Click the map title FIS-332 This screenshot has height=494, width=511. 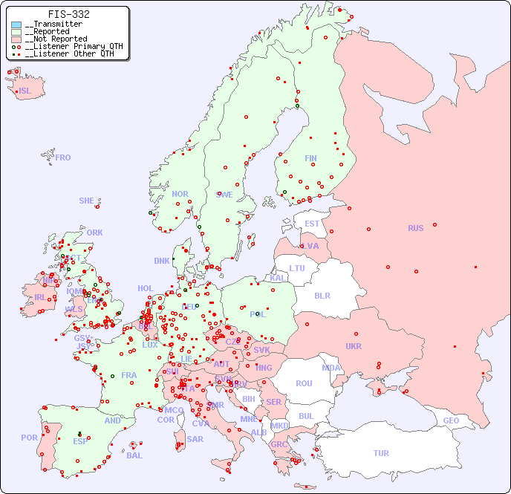(x=69, y=14)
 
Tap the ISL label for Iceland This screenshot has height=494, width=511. (x=25, y=91)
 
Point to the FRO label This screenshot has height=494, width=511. (x=63, y=157)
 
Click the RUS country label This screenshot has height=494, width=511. (x=415, y=228)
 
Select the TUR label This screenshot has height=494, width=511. (x=381, y=453)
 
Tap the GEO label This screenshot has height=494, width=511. (x=451, y=420)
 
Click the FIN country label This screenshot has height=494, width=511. (x=310, y=158)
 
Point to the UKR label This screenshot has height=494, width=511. (x=354, y=346)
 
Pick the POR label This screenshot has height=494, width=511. (x=29, y=438)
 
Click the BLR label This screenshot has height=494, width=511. (x=322, y=295)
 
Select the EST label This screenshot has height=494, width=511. (x=312, y=224)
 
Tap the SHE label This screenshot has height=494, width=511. (x=87, y=201)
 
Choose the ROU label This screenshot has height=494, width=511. (x=304, y=383)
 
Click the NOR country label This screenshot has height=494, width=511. (x=180, y=194)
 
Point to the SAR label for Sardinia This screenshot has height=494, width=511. (x=195, y=439)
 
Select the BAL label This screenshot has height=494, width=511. (x=134, y=455)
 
